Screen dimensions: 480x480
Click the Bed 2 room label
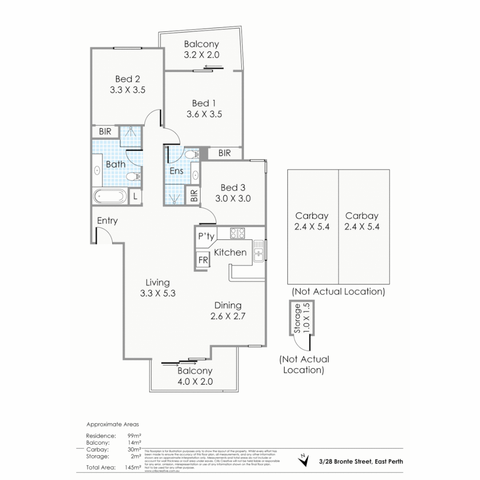point(128,79)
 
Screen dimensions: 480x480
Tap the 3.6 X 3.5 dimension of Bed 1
point(204,114)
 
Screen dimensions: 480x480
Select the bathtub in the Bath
point(110,196)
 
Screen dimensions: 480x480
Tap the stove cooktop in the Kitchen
point(237,233)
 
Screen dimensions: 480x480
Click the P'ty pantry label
point(206,236)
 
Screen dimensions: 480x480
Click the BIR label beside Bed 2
point(105,132)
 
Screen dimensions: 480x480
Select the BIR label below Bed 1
point(225,153)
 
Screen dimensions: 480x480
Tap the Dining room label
point(228,305)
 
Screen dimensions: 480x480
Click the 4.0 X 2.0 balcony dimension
point(195,381)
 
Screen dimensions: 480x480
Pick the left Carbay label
point(312,216)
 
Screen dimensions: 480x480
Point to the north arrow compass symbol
point(304,460)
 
